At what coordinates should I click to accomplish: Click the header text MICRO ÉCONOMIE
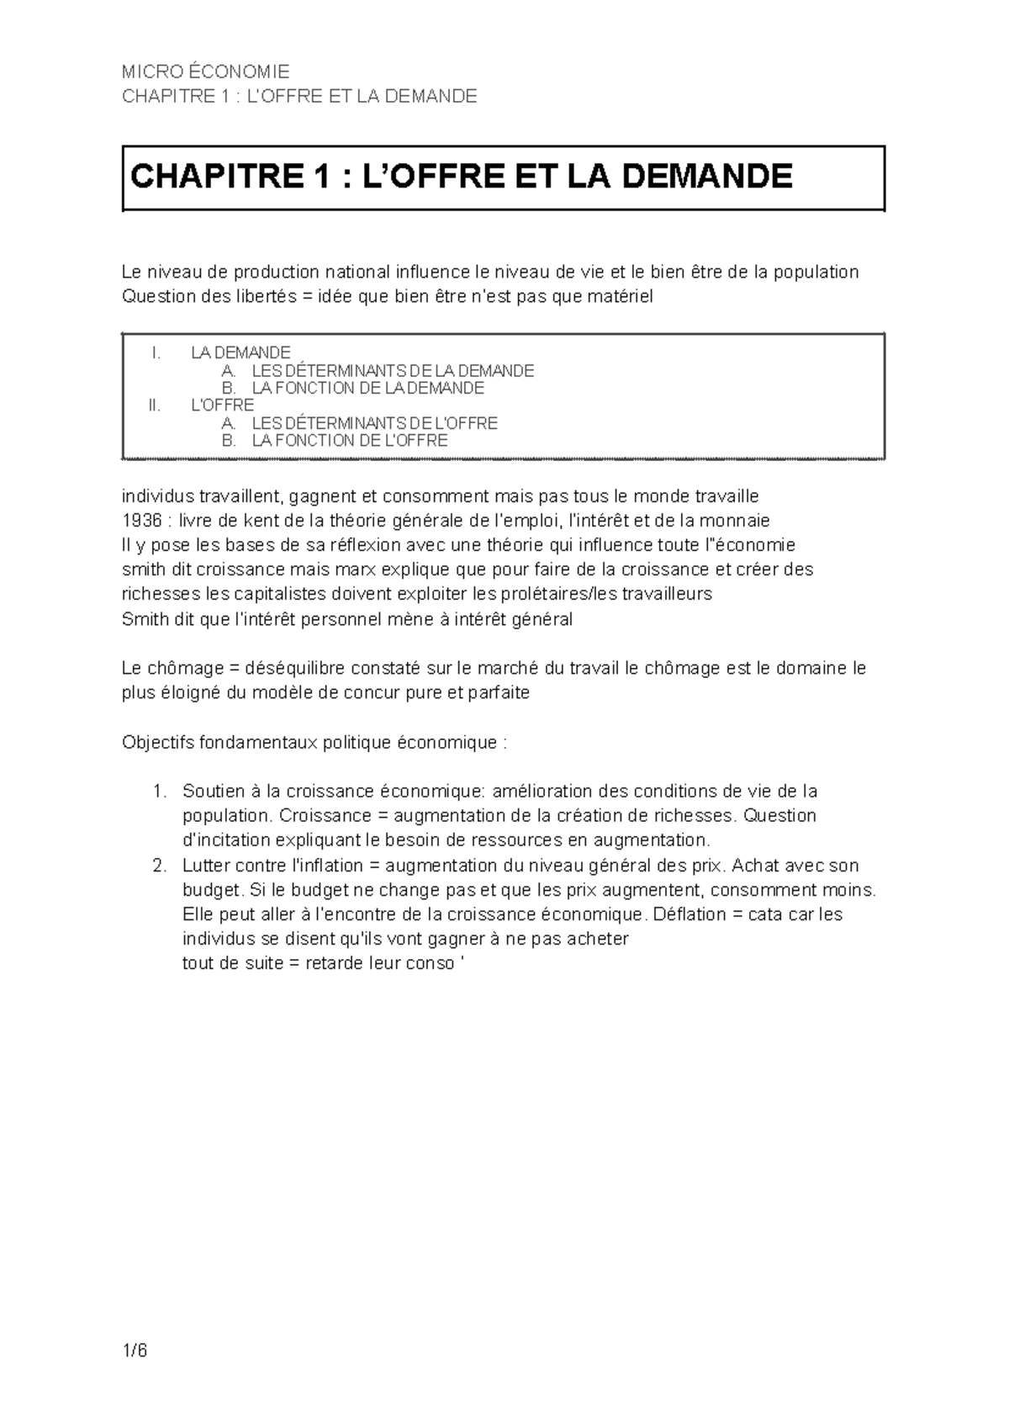205,72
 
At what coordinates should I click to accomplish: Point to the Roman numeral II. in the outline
153,405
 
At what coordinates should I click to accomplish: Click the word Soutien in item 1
210,792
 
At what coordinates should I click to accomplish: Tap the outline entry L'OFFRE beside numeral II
223,405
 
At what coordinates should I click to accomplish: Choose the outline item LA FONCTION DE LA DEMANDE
368,388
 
